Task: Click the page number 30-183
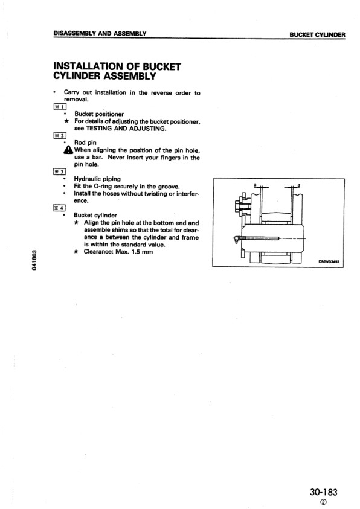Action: pos(320,492)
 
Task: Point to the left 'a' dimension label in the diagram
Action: pos(256,184)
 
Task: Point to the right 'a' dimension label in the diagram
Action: pos(300,184)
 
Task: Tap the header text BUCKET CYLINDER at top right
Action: pos(317,34)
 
